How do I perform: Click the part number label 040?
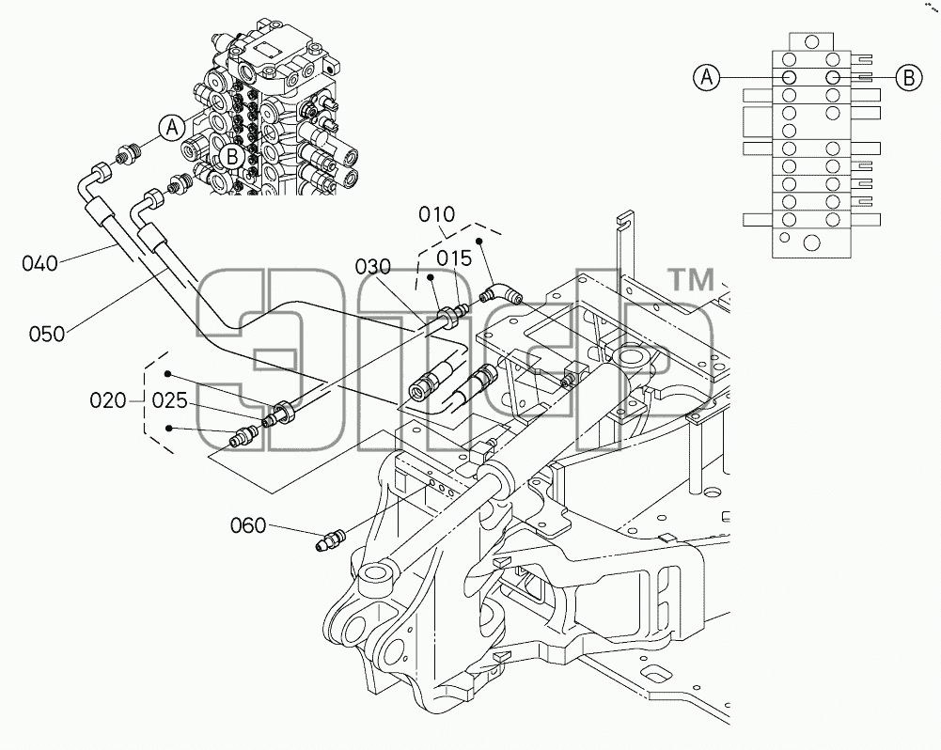[x=40, y=263]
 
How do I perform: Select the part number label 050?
[x=47, y=334]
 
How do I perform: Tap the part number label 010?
[x=437, y=214]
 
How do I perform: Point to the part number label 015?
[x=454, y=258]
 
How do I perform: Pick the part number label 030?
[x=372, y=266]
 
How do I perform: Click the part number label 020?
[x=108, y=400]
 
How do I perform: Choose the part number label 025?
[x=170, y=400]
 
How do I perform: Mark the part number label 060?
[x=248, y=525]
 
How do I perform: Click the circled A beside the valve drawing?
[x=172, y=128]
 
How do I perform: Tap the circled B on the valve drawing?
[x=231, y=158]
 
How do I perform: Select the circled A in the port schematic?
[x=707, y=77]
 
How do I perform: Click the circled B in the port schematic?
[x=909, y=77]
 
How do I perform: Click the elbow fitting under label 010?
[x=501, y=294]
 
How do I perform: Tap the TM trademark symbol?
[x=691, y=280]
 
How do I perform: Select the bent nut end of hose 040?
[x=101, y=172]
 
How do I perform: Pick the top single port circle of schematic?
[x=811, y=42]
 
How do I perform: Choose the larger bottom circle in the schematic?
[x=811, y=243]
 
